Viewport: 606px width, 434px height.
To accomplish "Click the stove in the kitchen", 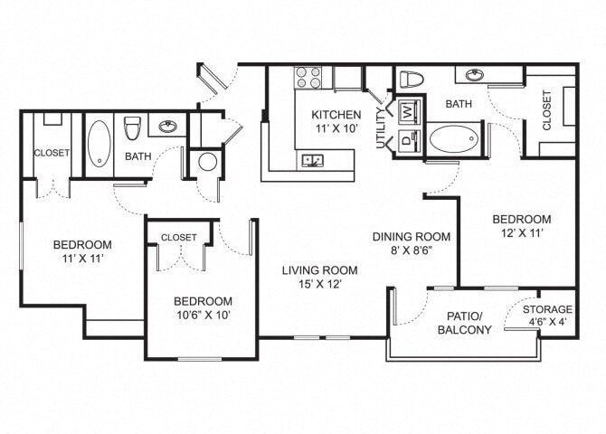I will click(x=309, y=78).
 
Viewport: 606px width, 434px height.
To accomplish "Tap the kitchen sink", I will click(x=314, y=161).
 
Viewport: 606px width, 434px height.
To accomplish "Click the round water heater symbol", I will click(x=207, y=162).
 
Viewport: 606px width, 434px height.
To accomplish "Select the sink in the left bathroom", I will click(x=167, y=127).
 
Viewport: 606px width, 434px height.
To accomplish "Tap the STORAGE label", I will click(x=547, y=310).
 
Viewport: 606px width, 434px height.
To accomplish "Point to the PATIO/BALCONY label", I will click(x=469, y=323).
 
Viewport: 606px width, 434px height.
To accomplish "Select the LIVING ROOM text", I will click(x=318, y=269).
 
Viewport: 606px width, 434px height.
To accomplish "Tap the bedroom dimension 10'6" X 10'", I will click(x=203, y=316).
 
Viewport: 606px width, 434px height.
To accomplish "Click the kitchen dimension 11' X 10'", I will click(x=336, y=130).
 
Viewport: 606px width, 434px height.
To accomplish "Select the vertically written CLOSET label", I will click(x=547, y=110).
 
